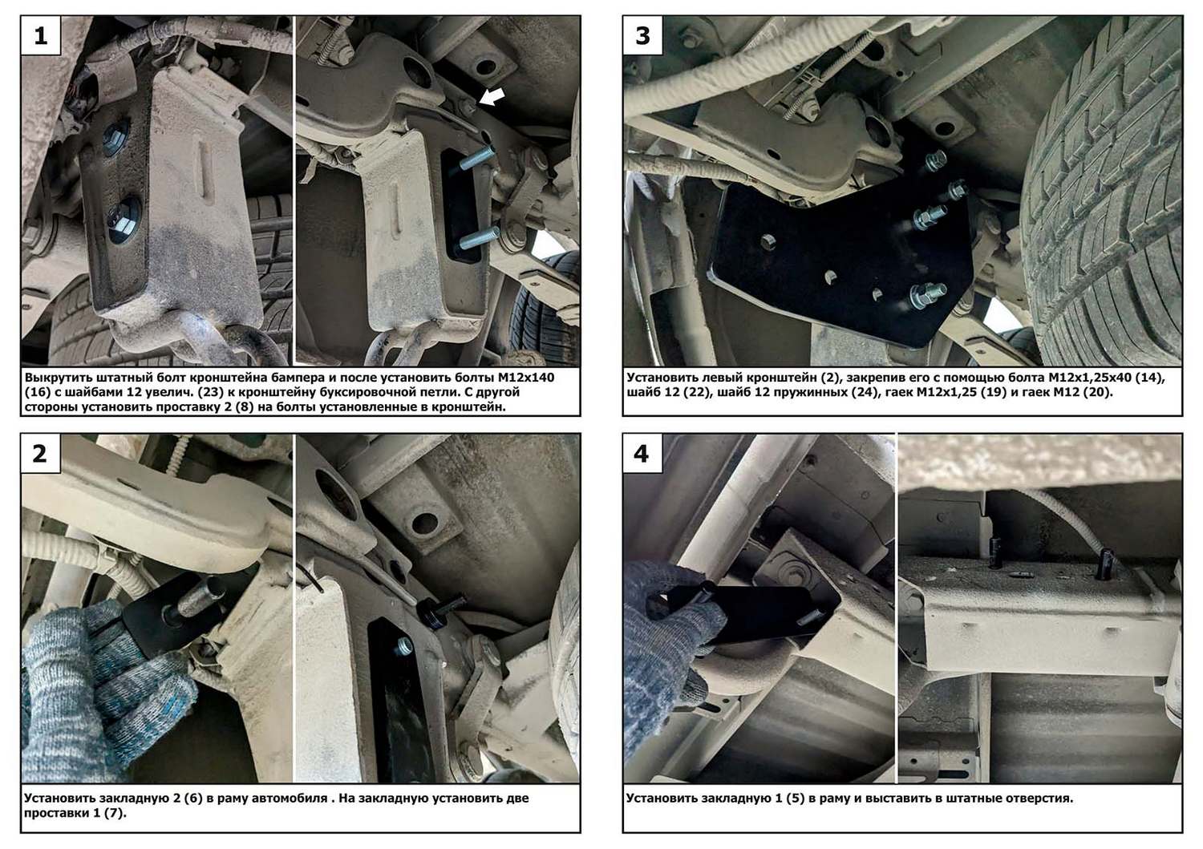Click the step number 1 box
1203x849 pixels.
point(41,35)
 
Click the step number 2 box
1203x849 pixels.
point(41,454)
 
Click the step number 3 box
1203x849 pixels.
point(643,35)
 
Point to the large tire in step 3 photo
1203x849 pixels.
point(1106,204)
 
